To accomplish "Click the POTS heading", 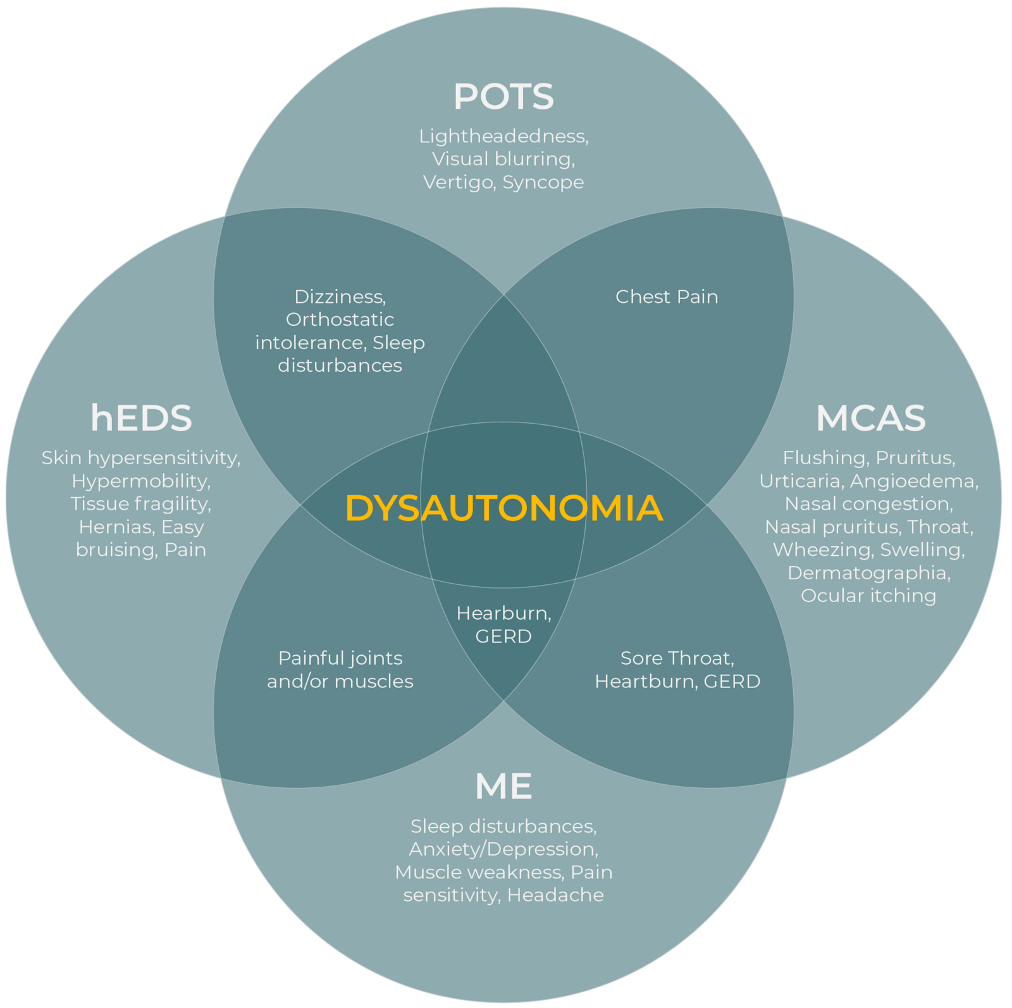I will click(503, 97).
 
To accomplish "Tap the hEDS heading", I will click(141, 418).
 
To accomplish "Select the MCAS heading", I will click(870, 418).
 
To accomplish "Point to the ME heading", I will click(503, 786).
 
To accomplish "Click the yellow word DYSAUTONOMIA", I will click(503, 508).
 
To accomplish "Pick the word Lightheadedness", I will click(503, 137).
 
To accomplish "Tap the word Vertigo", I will click(458, 182).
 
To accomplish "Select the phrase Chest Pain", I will click(667, 297).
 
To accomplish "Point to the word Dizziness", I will click(340, 297).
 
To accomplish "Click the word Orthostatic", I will click(340, 319).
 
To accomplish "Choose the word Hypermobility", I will click(140, 481).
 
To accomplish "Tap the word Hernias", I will click(114, 527).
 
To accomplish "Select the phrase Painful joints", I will click(340, 658).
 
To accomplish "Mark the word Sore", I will click(641, 658).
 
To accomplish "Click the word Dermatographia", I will click(868, 573).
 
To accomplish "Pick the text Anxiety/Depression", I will click(503, 849).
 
